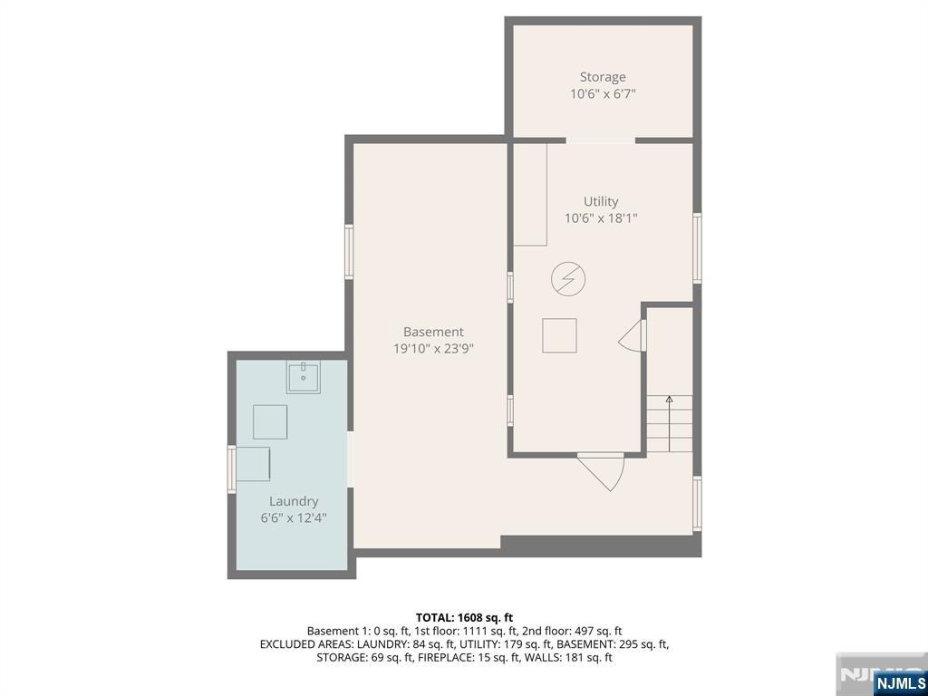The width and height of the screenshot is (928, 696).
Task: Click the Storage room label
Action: coord(603,78)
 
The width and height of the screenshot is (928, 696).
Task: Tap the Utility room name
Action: coord(601,202)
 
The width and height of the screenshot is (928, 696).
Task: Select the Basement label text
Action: coord(433,332)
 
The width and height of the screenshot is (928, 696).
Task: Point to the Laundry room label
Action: coord(294,502)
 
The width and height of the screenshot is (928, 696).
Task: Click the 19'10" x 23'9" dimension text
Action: coord(433,349)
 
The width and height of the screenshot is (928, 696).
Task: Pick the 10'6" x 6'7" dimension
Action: coord(603,94)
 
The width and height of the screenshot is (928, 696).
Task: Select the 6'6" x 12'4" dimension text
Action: coord(294,518)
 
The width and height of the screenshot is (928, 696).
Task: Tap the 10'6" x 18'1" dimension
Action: coord(601,218)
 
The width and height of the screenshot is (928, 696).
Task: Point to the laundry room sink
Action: coord(304,377)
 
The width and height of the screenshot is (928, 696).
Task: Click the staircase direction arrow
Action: coord(670,424)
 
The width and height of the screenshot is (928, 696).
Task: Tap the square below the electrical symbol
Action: coord(559,335)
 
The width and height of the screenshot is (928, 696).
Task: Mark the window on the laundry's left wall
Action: coord(231,470)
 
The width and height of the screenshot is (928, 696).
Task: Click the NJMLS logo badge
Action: coord(899,682)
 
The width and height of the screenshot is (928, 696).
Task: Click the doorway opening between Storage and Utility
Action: coord(601,140)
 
